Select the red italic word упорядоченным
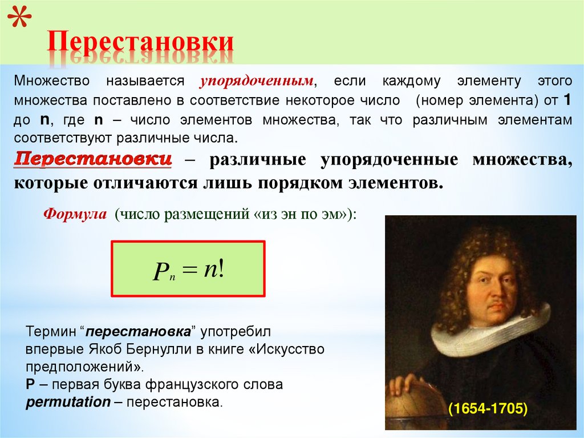coord(257,81)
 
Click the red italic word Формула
coord(75,215)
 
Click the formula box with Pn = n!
coord(188,268)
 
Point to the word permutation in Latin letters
coord(68,401)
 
